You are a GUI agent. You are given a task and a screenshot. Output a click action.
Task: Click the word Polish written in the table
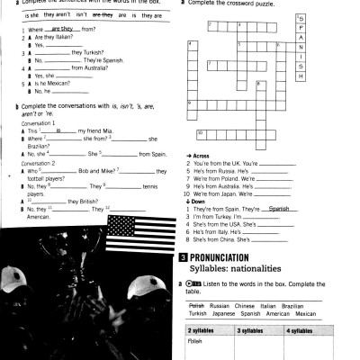tap(195, 343)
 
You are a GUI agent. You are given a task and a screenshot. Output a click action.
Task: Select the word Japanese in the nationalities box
tap(229, 314)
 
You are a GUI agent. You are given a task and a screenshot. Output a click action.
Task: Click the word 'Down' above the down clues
tap(197, 201)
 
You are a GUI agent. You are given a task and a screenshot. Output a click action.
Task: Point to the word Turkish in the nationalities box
tap(198, 314)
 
